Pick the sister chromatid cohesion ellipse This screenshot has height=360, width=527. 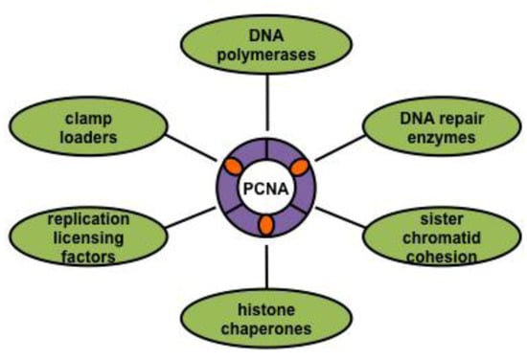(443, 235)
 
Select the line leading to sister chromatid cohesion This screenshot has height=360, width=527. (345, 212)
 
